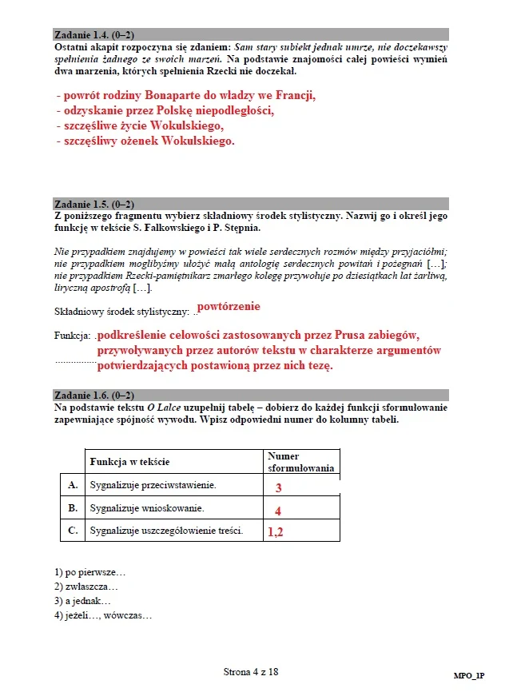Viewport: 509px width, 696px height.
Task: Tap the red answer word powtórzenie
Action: pyautogui.click(x=229, y=306)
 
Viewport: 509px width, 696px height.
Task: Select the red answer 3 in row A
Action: pyautogui.click(x=279, y=487)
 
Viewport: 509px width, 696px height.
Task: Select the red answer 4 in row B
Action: pyautogui.click(x=278, y=511)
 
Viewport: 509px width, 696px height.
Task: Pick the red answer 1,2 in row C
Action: pyautogui.click(x=276, y=531)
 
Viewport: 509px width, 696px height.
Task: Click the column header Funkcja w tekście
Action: pyautogui.click(x=129, y=462)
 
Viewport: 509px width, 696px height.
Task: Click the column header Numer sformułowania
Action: pyautogui.click(x=300, y=462)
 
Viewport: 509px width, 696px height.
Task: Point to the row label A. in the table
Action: pyautogui.click(x=73, y=484)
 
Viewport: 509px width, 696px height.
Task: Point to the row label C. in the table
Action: pyautogui.click(x=73, y=530)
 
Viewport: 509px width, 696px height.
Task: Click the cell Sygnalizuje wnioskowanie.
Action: pyautogui.click(x=147, y=507)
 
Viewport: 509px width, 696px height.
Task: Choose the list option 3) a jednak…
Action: pyautogui.click(x=82, y=600)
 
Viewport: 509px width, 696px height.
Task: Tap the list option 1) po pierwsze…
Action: pyautogui.click(x=90, y=572)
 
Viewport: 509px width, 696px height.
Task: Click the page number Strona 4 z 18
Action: pyautogui.click(x=251, y=672)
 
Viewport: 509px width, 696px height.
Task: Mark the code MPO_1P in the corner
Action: pyautogui.click(x=469, y=677)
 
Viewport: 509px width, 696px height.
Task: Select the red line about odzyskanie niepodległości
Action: pyautogui.click(x=165, y=111)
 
